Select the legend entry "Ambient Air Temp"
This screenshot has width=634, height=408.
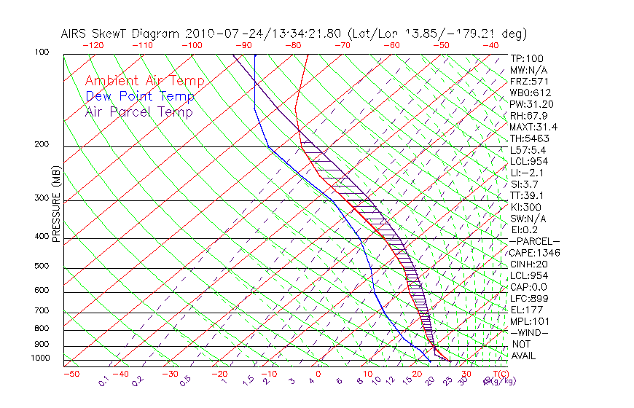(145, 81)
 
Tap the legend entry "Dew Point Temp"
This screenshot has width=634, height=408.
(140, 96)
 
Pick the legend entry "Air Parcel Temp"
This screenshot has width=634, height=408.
(139, 111)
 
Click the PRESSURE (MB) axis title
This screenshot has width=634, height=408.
(56, 208)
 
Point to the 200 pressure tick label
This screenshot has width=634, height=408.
(42, 145)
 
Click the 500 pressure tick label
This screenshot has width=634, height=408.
(42, 266)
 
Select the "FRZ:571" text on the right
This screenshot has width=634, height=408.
(528, 82)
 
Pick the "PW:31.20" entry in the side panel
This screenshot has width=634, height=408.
(531, 104)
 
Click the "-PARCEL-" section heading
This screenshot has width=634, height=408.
(534, 241)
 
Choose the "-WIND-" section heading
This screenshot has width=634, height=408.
(530, 332)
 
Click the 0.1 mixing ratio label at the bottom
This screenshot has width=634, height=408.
(104, 380)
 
